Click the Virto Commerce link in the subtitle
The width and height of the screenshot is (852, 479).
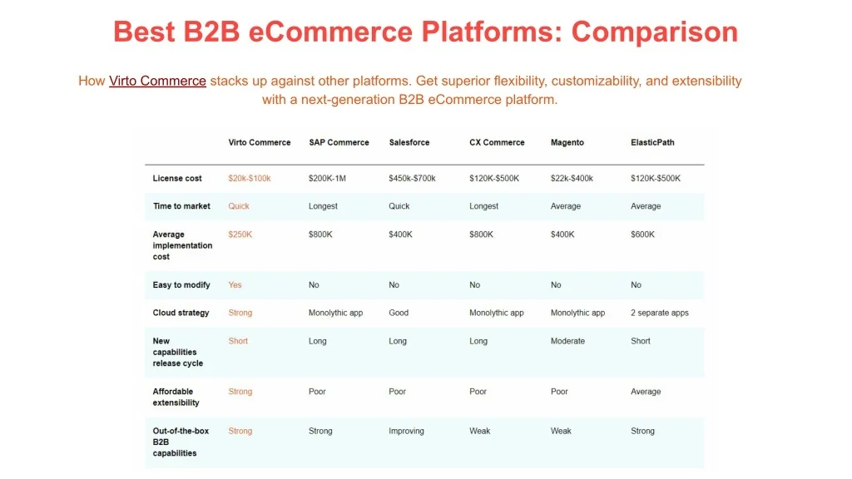(157, 81)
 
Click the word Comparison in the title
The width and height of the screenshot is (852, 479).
(655, 32)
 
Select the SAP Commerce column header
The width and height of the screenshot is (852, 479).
(339, 142)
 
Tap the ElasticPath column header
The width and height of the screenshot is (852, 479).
(652, 142)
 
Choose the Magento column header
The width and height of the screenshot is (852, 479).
(567, 142)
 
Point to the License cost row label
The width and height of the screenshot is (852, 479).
(177, 178)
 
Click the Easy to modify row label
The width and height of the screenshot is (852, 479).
(181, 284)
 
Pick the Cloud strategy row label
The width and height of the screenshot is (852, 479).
(181, 313)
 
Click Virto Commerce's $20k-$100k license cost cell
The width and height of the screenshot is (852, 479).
(250, 178)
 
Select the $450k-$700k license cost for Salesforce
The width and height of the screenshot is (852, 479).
(412, 178)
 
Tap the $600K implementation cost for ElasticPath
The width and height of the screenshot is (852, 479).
(643, 235)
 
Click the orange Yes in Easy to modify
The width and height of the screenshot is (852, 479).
(235, 284)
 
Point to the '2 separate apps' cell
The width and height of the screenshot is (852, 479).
(660, 313)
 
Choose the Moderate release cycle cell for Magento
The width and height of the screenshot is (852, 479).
(567, 341)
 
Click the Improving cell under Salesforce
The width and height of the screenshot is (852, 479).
(406, 432)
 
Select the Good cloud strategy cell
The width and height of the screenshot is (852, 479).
(399, 313)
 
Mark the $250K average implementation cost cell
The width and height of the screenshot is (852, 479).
(240, 235)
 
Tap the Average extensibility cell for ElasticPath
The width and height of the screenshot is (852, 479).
(646, 392)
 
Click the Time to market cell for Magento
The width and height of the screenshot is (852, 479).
(566, 206)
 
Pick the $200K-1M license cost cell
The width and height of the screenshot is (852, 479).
(327, 178)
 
